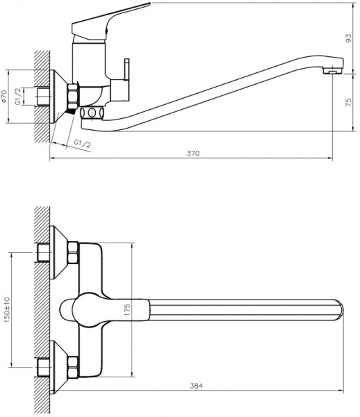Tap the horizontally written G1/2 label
pyautogui.click(x=82, y=143)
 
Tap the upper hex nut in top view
pyautogui.click(x=72, y=253)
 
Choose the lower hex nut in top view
pyautogui.click(x=72, y=363)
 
